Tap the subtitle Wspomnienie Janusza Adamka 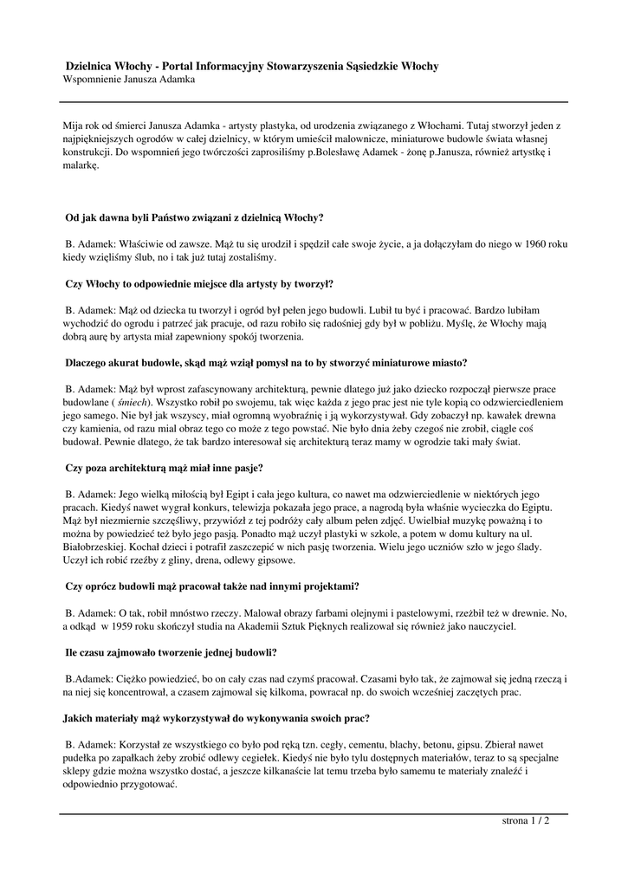[130, 79]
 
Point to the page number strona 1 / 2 [526, 820]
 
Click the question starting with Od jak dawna [195, 217]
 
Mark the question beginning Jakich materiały [217, 718]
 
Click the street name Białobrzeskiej [104, 549]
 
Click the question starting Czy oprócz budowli [212, 586]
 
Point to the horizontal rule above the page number [314, 813]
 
